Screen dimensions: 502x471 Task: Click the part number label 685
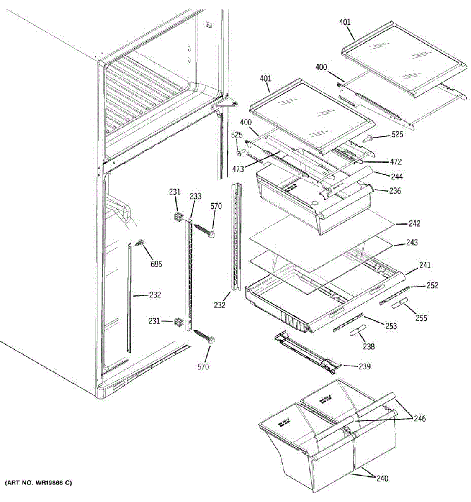pos(156,264)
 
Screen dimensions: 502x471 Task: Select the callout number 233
pos(196,196)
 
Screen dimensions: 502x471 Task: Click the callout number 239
pos(364,366)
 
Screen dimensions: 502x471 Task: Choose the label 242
pos(414,224)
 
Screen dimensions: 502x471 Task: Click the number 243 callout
pos(412,243)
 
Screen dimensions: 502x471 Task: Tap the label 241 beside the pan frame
pos(425,265)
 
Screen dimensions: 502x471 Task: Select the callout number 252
pos(432,286)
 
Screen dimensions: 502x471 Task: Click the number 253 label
pos(391,326)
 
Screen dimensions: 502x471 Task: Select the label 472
pos(395,162)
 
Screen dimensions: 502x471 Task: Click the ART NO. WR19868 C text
pos(39,483)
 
